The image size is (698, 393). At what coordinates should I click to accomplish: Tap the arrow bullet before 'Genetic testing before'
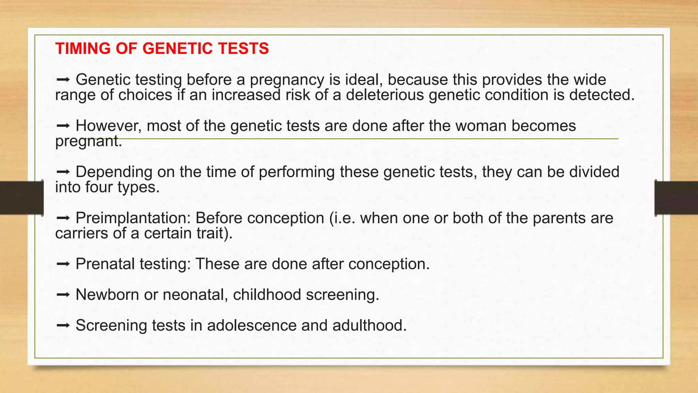coord(63,80)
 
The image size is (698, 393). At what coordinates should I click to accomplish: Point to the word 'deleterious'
coord(385,95)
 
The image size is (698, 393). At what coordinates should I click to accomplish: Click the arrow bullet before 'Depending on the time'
coord(63,172)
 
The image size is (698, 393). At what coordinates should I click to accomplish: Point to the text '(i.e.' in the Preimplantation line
coord(342,218)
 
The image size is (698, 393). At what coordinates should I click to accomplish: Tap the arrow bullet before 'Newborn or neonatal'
coord(63,295)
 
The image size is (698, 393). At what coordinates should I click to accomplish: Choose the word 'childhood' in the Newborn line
coord(267,295)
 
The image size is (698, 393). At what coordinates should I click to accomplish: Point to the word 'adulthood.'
coord(369,325)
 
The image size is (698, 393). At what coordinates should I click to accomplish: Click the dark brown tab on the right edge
coord(676,198)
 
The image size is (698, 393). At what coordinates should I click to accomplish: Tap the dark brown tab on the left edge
coord(21,198)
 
